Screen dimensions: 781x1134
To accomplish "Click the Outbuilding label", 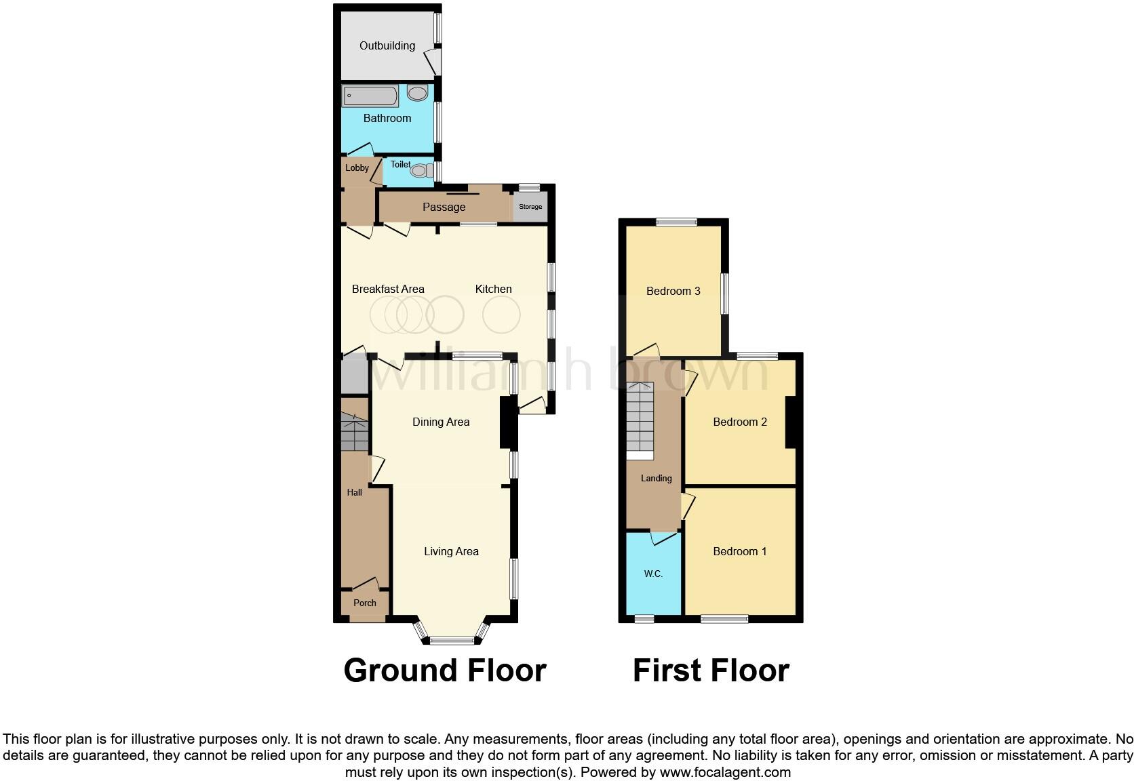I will [387, 45].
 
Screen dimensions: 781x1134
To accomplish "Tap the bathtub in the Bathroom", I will [370, 96].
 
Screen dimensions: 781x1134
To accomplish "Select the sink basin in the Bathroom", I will [418, 93].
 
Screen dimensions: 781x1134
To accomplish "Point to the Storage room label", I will [530, 207].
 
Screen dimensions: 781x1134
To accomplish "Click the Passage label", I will [444, 207].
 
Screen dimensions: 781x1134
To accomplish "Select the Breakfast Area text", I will [388, 289].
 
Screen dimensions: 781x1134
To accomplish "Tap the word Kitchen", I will [493, 289].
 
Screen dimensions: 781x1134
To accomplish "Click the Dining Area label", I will [441, 422].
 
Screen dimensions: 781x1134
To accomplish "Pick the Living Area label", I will [451, 551].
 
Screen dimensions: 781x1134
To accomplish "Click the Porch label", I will [365, 603].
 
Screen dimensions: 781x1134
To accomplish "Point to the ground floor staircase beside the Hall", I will [354, 431].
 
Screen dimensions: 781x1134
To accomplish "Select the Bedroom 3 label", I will [673, 291].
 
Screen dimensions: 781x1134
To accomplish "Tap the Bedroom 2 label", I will [740, 422].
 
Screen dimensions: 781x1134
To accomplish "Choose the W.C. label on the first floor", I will [653, 574].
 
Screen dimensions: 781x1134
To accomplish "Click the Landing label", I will [657, 478].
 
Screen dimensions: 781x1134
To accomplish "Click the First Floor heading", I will [711, 670].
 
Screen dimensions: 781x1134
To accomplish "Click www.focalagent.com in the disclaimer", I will [725, 772].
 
